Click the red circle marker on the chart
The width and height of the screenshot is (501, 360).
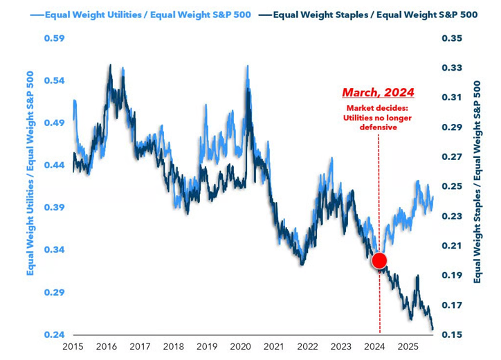point(379,261)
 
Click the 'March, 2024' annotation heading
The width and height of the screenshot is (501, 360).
point(379,92)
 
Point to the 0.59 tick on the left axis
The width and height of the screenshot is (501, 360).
point(54,39)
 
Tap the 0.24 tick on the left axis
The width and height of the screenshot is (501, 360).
point(54,335)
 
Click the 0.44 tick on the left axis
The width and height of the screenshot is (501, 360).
point(54,165)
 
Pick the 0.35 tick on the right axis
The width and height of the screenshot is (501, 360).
point(450,39)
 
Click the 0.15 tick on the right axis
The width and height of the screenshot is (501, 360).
point(450,335)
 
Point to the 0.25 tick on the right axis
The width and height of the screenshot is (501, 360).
point(450,187)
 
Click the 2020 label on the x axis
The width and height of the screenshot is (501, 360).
point(239,345)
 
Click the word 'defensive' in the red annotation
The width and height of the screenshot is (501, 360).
point(379,129)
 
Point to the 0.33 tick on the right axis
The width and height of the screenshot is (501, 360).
point(450,69)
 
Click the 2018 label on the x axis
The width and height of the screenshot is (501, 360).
point(173,345)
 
